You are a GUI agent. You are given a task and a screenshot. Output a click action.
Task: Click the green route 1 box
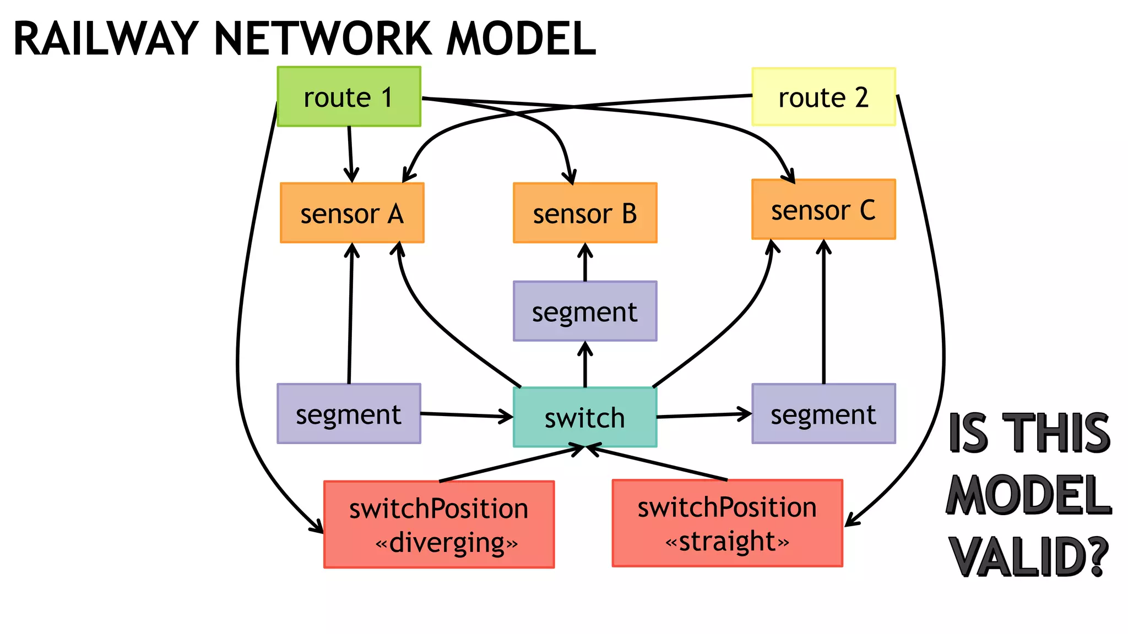[349, 97]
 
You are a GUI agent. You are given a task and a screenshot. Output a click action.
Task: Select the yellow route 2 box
[823, 97]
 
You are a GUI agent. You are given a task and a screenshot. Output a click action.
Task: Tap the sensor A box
[352, 213]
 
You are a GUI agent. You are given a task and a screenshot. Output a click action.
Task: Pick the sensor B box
[585, 213]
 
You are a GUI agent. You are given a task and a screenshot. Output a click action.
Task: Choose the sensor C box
[823, 210]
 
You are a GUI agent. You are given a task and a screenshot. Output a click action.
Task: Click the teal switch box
[585, 417]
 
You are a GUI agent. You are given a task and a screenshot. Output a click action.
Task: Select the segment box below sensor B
[585, 311]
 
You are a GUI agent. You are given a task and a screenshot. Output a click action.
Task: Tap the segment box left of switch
[349, 414]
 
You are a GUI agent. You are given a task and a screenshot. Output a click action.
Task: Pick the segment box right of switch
[823, 414]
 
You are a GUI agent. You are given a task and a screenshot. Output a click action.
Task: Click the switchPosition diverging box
[439, 524]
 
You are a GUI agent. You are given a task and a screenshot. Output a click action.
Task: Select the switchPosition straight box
[727, 523]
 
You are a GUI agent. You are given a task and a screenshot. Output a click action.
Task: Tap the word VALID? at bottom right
[1028, 557]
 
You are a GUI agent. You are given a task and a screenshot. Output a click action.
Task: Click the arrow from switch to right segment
[704, 416]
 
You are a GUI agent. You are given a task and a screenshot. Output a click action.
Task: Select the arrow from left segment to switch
[467, 415]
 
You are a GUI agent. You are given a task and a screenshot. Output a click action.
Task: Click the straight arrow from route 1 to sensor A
[350, 154]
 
